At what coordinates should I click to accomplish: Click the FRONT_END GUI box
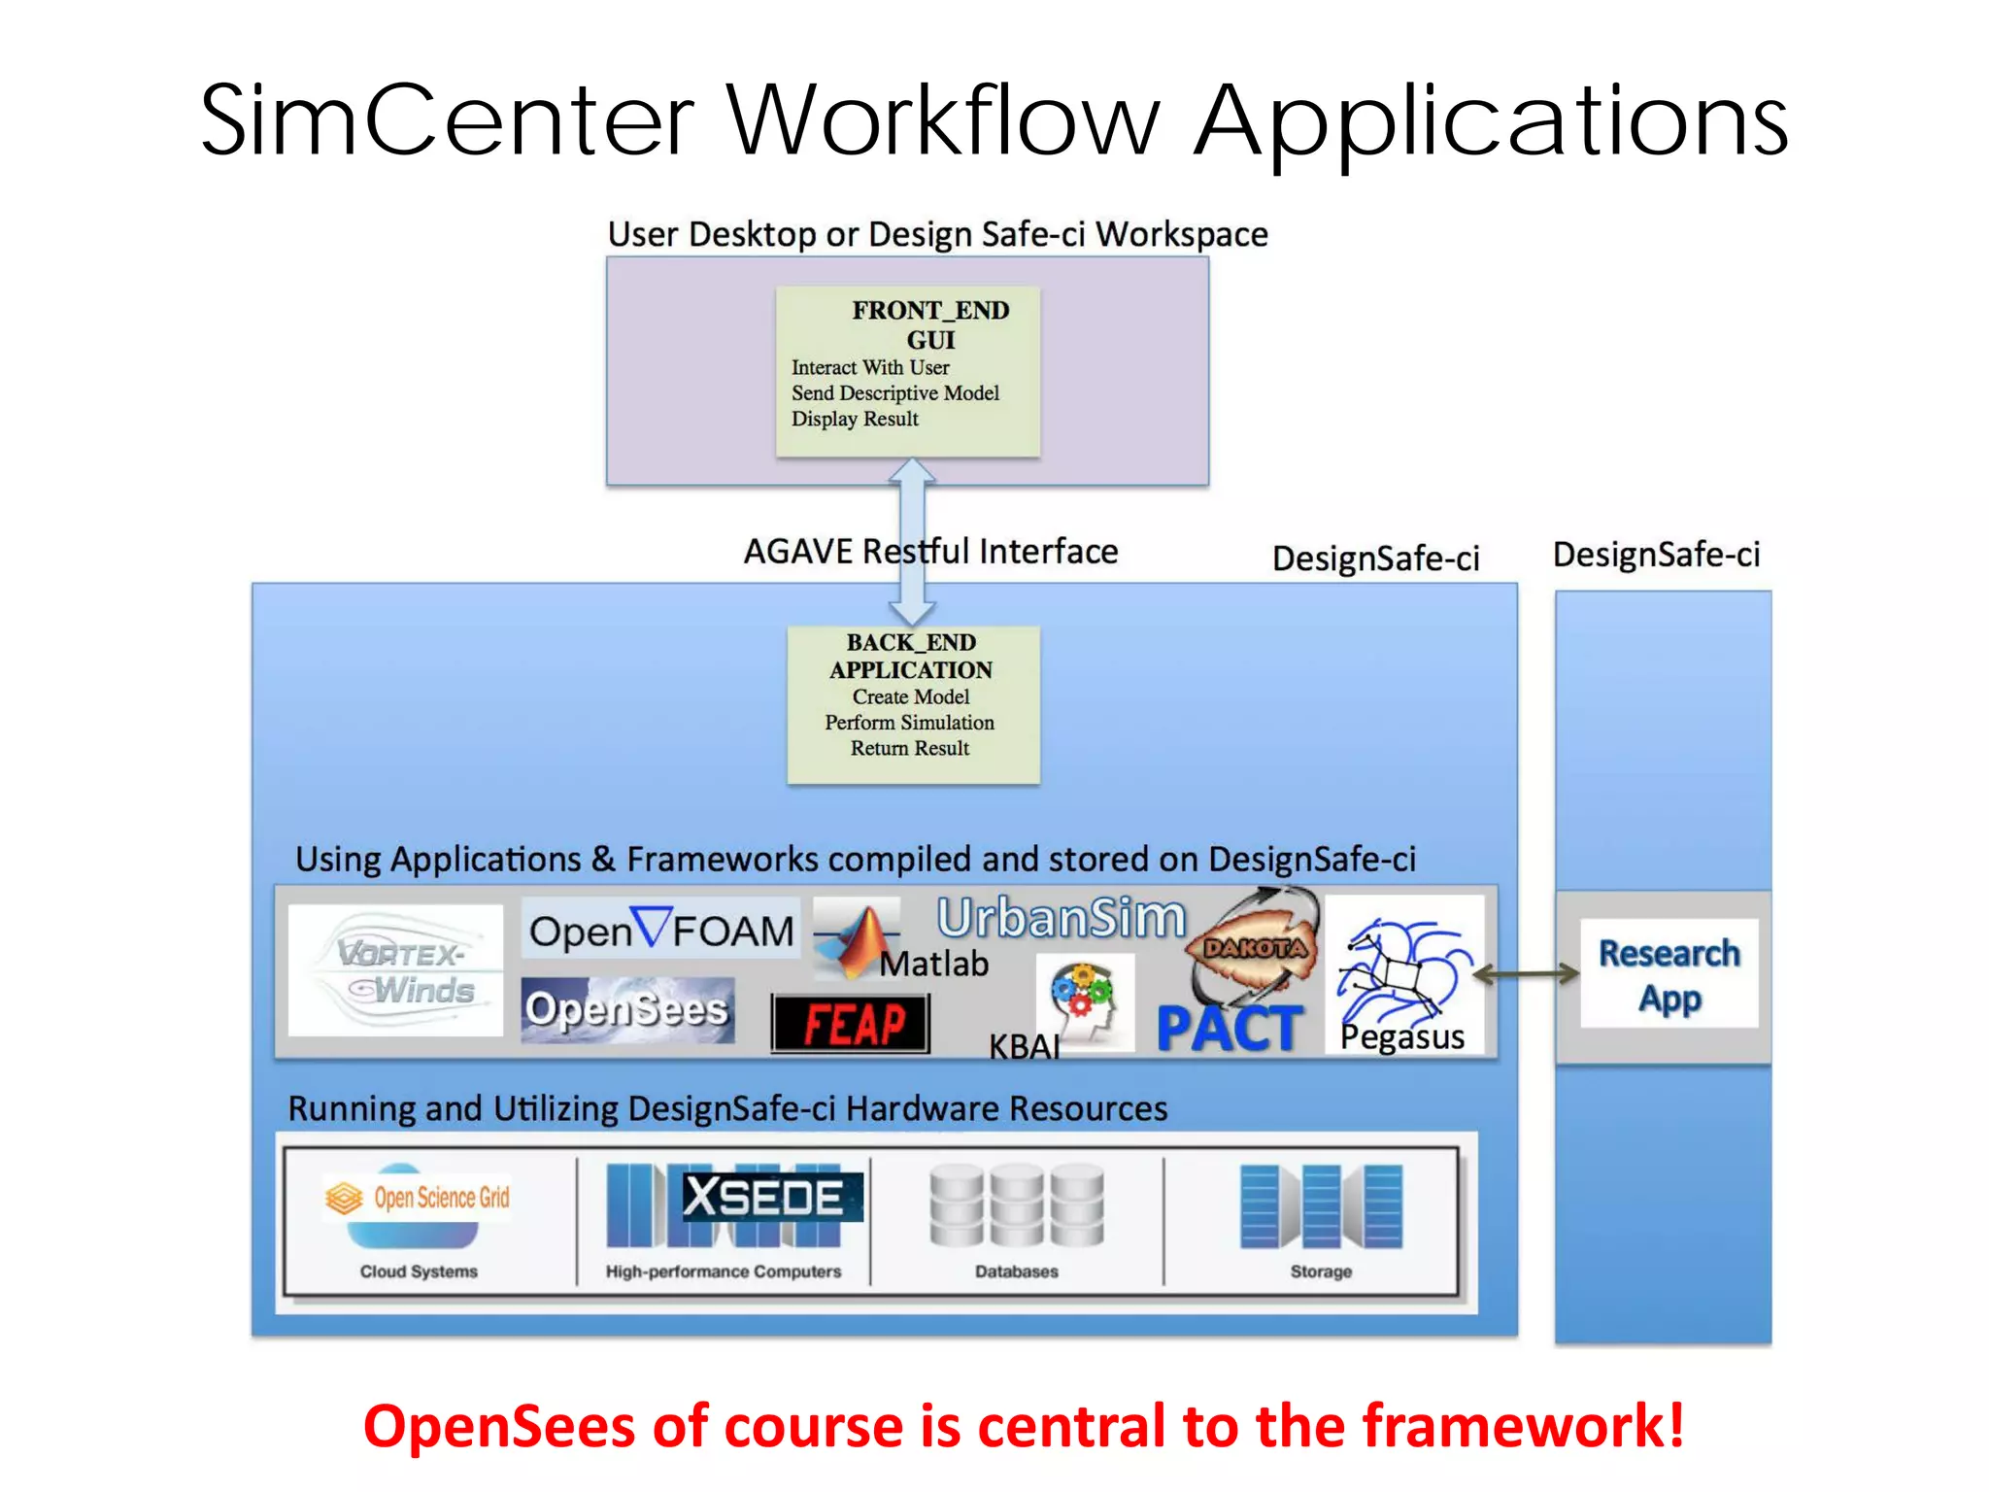click(907, 370)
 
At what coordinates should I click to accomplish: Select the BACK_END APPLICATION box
click(912, 703)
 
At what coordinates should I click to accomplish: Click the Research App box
click(1669, 974)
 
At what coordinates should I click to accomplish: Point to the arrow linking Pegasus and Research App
click(1526, 973)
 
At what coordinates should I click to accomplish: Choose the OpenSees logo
click(627, 1010)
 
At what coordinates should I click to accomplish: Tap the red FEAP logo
click(851, 1024)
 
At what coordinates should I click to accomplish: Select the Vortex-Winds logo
click(396, 970)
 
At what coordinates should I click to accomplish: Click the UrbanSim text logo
click(1061, 918)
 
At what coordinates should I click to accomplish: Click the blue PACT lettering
click(1230, 1028)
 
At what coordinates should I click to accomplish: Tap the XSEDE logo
click(763, 1197)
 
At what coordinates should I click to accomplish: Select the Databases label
click(1016, 1272)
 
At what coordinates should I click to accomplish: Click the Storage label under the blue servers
click(1320, 1272)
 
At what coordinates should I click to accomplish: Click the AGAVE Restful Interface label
click(930, 552)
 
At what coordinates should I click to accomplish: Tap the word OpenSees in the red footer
click(499, 1426)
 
